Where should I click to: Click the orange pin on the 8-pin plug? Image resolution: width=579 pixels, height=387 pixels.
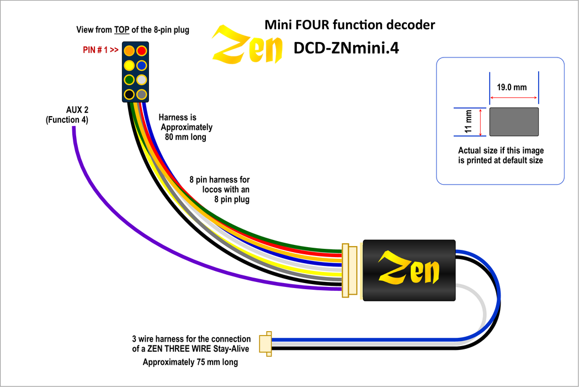pos(129,51)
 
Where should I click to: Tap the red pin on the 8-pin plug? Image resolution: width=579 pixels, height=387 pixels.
pos(142,51)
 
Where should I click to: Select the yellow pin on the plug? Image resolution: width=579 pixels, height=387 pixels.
pos(129,65)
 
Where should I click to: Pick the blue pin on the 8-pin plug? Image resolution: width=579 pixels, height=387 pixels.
pos(142,65)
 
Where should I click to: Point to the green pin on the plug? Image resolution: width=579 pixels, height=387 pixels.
pos(129,80)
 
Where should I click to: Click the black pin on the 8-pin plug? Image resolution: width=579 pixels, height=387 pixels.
pos(129,94)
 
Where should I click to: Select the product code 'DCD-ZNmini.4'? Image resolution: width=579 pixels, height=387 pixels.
pos(346,49)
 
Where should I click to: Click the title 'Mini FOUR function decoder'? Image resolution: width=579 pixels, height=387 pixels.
pos(350,25)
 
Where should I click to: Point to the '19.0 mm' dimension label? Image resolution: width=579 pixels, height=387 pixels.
pos(512,87)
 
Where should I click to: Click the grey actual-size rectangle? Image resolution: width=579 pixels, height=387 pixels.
pos(514,122)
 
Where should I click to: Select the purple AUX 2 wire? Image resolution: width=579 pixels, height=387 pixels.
pos(110,216)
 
